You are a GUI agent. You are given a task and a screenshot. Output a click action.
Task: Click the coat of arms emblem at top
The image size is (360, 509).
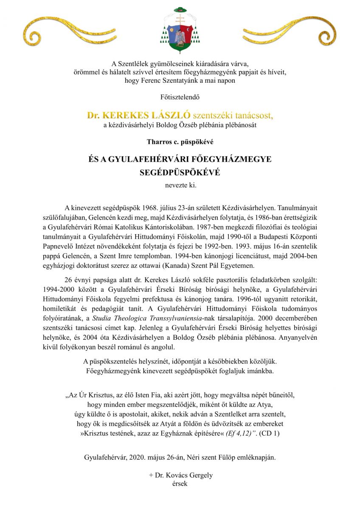click(x=180, y=28)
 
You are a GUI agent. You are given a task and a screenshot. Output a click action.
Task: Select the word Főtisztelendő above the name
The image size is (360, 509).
click(x=180, y=97)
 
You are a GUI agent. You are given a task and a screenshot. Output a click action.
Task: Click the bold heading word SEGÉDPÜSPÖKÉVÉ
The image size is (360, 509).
click(x=180, y=173)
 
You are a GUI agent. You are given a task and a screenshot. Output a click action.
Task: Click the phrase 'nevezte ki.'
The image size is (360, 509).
click(x=180, y=185)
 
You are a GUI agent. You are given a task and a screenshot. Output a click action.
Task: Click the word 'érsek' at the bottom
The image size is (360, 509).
click(x=180, y=484)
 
